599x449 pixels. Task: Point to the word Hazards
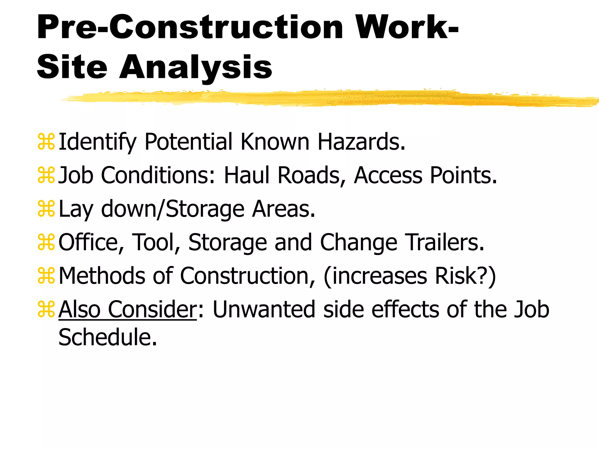[x=362, y=142]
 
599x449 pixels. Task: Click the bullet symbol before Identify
[x=46, y=142]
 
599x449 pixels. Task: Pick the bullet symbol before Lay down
[x=46, y=209]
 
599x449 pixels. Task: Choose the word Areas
[x=284, y=209]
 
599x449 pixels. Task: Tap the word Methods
[x=102, y=276]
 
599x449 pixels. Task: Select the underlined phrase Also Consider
[x=128, y=309]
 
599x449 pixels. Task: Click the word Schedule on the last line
[x=108, y=337]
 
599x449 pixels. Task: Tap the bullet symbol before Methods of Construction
[x=46, y=276]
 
